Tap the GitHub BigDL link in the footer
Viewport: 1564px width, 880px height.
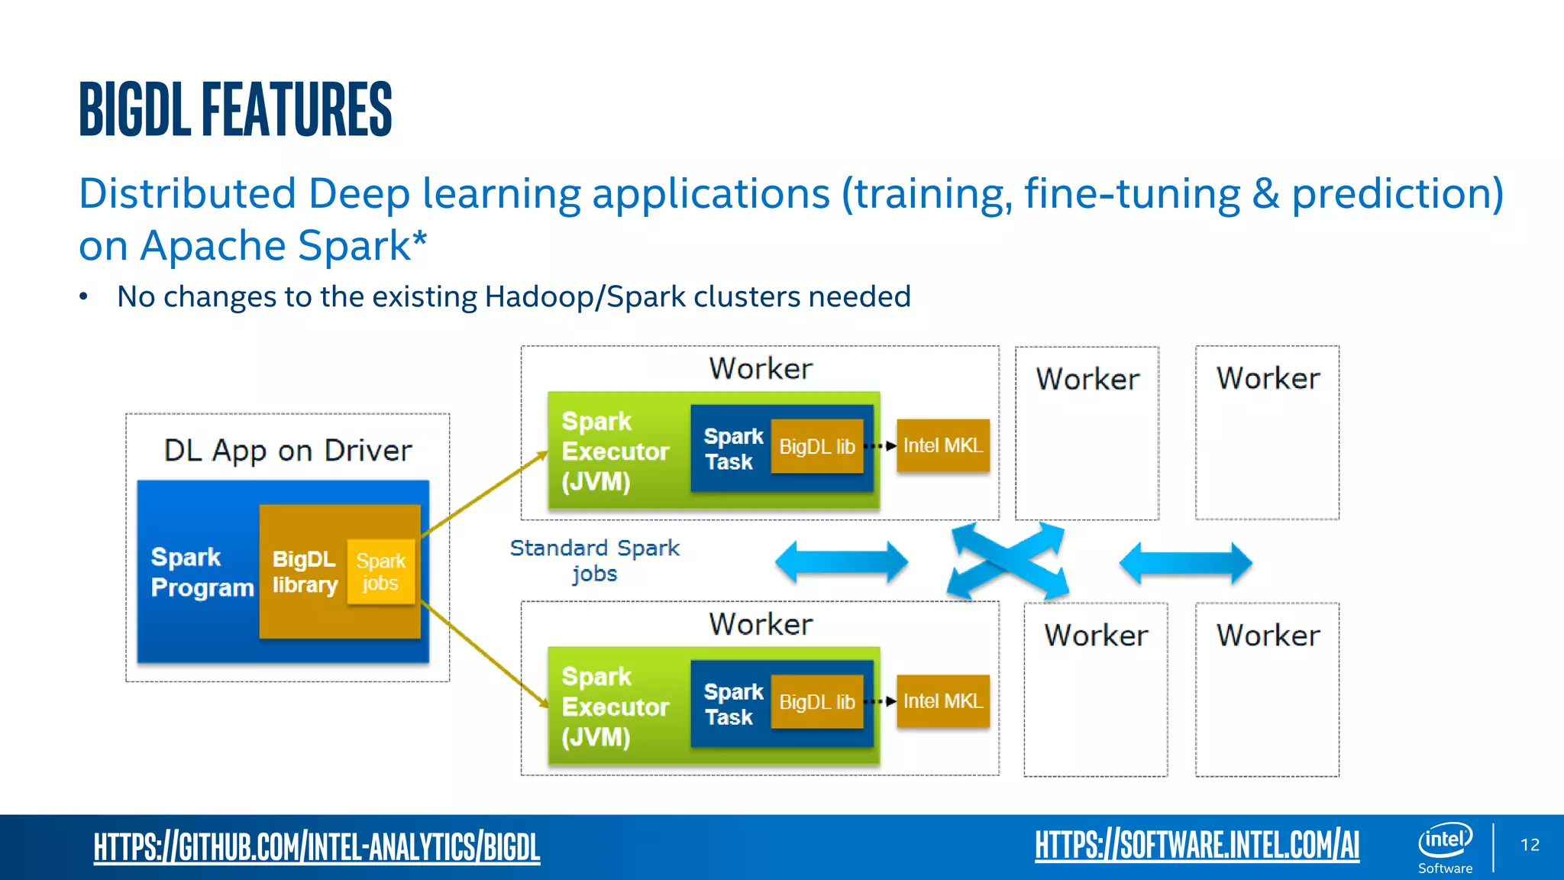316,846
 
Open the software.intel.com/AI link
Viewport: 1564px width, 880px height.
1197,845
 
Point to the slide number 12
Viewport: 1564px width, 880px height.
1530,845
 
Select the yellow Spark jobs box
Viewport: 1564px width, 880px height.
380,572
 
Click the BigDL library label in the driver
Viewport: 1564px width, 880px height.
304,571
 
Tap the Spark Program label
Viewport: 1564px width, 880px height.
202,572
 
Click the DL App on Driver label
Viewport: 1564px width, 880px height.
287,451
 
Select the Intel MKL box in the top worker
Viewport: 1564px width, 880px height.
942,445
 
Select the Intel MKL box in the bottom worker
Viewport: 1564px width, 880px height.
942,701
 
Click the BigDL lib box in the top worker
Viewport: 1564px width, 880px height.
816,447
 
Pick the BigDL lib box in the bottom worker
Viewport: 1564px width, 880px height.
816,702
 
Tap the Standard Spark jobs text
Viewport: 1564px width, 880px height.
594,560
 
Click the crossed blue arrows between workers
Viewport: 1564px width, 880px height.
1007,561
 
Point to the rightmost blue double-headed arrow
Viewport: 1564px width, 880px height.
1185,563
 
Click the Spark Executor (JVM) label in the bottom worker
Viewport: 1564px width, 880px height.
615,707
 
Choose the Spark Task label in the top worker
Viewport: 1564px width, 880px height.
732,449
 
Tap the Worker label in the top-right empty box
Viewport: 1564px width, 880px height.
1268,379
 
